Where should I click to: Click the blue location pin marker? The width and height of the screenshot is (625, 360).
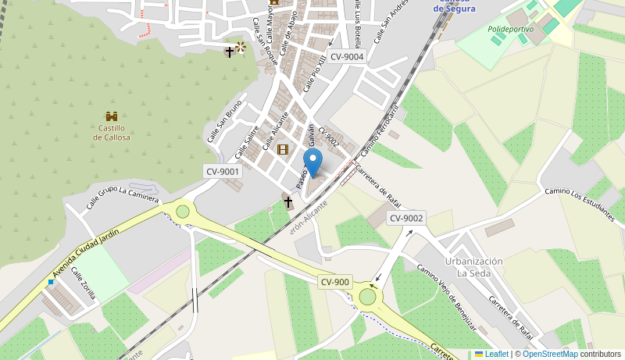click(312, 162)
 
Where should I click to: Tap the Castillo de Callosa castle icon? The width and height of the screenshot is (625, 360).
click(112, 116)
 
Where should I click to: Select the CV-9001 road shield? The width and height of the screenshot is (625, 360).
click(223, 171)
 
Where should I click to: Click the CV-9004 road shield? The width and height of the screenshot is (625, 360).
click(347, 56)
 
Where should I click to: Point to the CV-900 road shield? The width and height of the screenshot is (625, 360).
click(335, 282)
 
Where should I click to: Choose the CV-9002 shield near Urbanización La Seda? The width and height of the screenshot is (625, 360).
click(406, 219)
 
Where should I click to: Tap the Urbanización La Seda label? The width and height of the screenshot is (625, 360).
click(474, 267)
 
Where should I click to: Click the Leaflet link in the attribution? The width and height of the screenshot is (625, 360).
click(491, 354)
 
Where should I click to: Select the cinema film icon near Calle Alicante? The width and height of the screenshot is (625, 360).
click(283, 149)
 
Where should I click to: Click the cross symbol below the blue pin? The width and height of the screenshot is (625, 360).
click(287, 202)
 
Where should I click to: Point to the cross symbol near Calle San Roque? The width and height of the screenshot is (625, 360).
click(230, 52)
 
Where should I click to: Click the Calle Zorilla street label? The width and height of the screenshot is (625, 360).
click(84, 283)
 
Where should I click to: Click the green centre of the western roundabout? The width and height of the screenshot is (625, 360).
click(183, 211)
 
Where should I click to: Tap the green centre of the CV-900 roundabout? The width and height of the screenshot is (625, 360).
click(367, 297)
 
